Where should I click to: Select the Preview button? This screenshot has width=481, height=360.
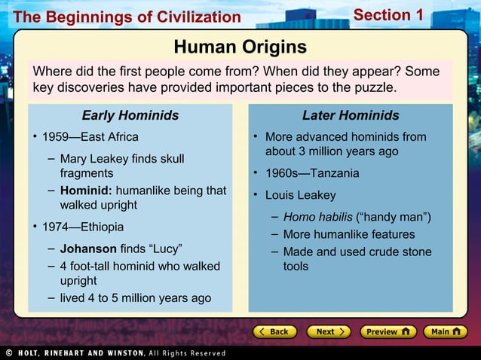click(x=385, y=331)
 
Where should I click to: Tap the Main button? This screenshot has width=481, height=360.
click(x=445, y=331)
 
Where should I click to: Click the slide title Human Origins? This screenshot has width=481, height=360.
click(x=240, y=47)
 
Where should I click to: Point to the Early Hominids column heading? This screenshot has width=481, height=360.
click(x=130, y=115)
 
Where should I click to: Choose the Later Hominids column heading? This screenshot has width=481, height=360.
click(x=351, y=115)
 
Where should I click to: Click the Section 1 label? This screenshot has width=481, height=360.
click(x=388, y=15)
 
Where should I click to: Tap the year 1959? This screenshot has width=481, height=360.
click(x=55, y=137)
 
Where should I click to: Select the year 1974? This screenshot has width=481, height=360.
click(x=55, y=227)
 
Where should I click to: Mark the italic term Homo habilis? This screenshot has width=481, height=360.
click(x=317, y=218)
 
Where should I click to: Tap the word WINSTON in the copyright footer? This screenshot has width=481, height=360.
click(x=119, y=352)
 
